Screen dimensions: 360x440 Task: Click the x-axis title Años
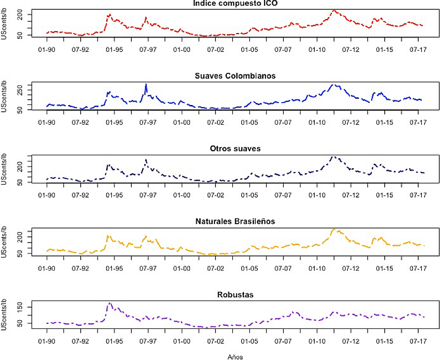236,356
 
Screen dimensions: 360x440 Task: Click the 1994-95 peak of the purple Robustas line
110,303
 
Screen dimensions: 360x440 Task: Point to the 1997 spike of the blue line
146,84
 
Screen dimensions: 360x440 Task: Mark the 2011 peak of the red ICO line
334,10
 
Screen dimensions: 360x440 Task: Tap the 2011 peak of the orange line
334,229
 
